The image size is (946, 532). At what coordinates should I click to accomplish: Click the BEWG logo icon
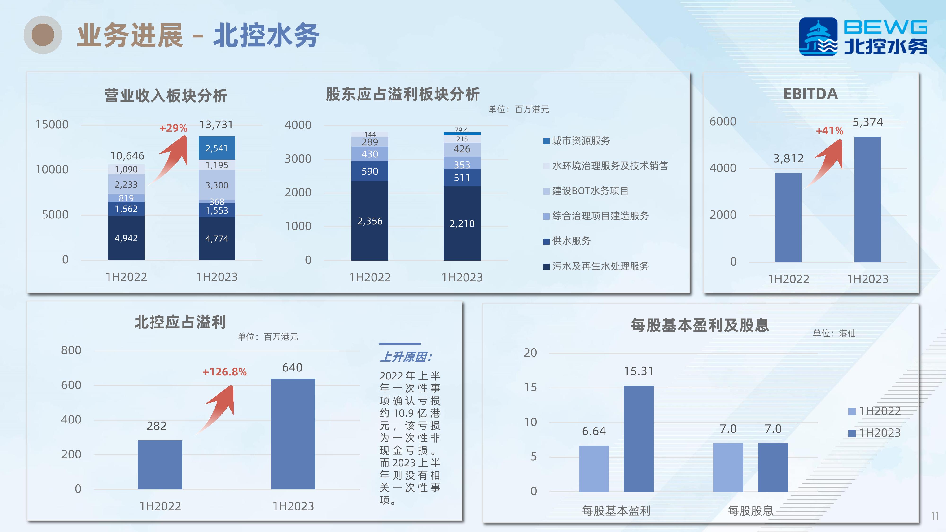pos(818,36)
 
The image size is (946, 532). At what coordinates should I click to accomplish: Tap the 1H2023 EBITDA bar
pos(867,199)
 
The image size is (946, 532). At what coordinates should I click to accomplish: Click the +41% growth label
pos(829,131)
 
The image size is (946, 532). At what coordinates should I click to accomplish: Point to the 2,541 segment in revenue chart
pos(217,148)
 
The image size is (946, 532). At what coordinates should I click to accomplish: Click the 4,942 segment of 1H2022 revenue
pos(126,238)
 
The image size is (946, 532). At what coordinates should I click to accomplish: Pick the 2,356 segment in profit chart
pos(370,221)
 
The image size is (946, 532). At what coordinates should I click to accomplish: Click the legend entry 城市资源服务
pos(577,141)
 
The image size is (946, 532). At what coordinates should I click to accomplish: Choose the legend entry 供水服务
pos(567,241)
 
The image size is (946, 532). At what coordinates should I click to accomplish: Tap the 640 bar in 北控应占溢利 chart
pos(293,434)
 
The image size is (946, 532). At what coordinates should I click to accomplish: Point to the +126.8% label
pos(224,372)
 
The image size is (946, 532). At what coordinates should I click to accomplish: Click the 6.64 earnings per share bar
pos(594,468)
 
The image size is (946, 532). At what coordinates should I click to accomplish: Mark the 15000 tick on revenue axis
pos(52,124)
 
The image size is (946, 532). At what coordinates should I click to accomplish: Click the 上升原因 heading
pos(406,357)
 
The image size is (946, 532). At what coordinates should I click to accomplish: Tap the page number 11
pos(935,516)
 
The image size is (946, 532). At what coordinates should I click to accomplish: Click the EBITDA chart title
pos(810,94)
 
